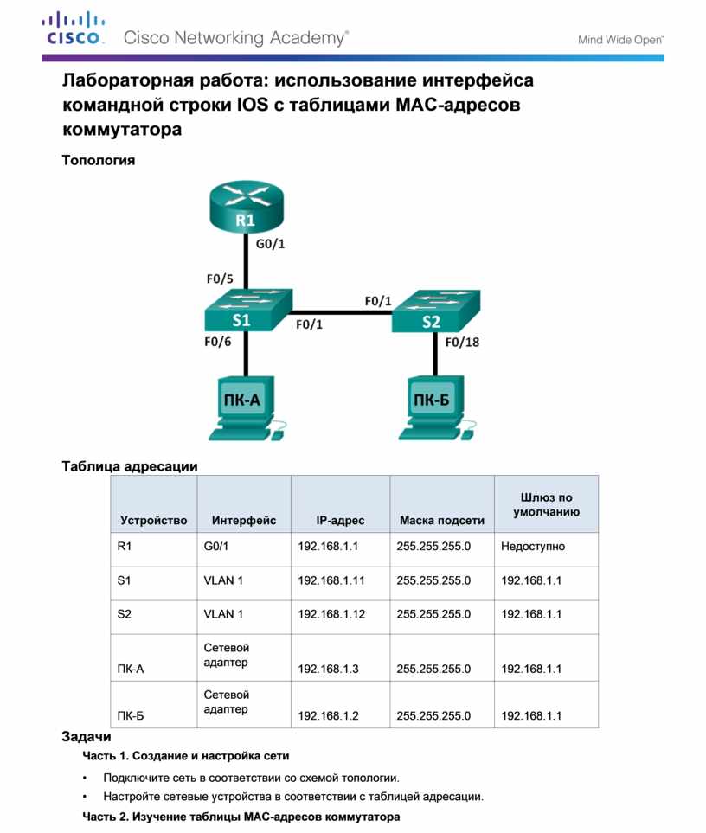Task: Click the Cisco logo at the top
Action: pyautogui.click(x=73, y=29)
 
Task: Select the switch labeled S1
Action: pyautogui.click(x=248, y=311)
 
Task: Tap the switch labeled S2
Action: pyautogui.click(x=435, y=311)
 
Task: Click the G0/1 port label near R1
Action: pyautogui.click(x=271, y=244)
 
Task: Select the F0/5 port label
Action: pyautogui.click(x=220, y=279)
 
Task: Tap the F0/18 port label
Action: pyautogui.click(x=462, y=343)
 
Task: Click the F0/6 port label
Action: pyautogui.click(x=218, y=342)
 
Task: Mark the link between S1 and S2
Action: pyautogui.click(x=342, y=312)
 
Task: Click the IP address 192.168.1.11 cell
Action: pyautogui.click(x=331, y=580)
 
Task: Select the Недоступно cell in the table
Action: pyautogui.click(x=533, y=546)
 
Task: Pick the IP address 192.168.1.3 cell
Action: pyautogui.click(x=328, y=669)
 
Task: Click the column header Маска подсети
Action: pyautogui.click(x=442, y=521)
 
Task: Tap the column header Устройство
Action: pyautogui.click(x=153, y=521)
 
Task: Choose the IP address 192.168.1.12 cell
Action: pyautogui.click(x=331, y=614)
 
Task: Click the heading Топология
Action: pyautogui.click(x=99, y=160)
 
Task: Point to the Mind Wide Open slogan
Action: pyautogui.click(x=620, y=40)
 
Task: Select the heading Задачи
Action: pyautogui.click(x=86, y=737)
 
